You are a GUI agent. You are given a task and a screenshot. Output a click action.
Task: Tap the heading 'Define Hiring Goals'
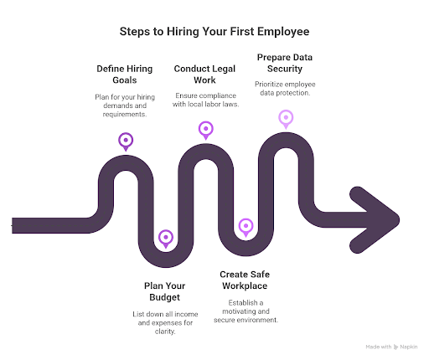click(124, 75)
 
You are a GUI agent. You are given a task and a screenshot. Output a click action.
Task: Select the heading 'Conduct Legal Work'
click(205, 75)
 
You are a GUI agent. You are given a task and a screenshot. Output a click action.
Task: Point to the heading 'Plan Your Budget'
click(165, 291)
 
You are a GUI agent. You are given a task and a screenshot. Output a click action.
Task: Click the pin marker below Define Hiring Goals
click(125, 141)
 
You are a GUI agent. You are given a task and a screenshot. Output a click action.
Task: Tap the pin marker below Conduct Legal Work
click(205, 129)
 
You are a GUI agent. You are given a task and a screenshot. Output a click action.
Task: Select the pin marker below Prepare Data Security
click(286, 118)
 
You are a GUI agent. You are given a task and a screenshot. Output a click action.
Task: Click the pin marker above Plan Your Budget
click(166, 238)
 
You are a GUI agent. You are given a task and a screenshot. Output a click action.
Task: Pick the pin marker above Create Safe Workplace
click(246, 225)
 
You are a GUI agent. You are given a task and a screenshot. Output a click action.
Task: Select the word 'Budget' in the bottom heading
click(165, 296)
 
